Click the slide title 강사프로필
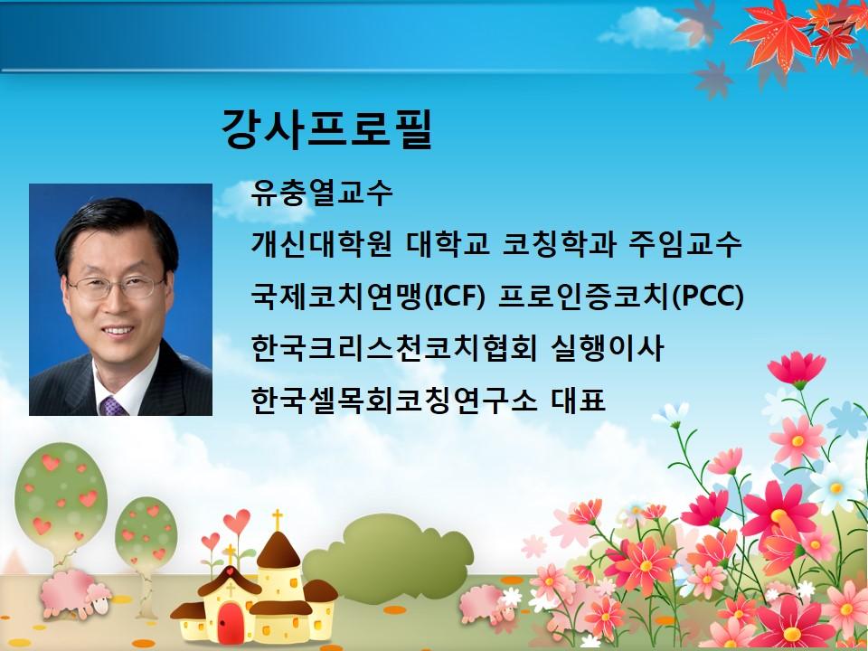pyautogui.click(x=326, y=129)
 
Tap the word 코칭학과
pyautogui.click(x=559, y=245)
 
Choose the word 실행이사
pyautogui.click(x=607, y=349)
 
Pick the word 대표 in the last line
pyautogui.click(x=578, y=400)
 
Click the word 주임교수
pyautogui.click(x=684, y=245)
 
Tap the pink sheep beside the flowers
pyautogui.click(x=488, y=603)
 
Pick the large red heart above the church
pyautogui.click(x=236, y=521)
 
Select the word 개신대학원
pyautogui.click(x=322, y=245)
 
